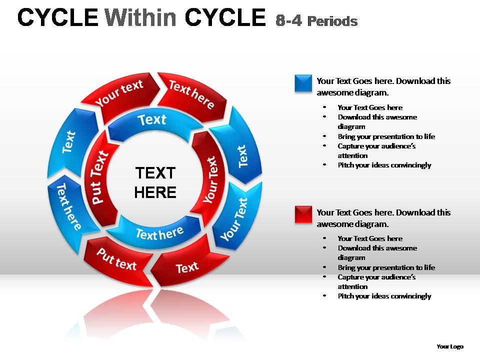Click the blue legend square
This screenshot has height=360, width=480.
303,83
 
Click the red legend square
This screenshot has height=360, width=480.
303,214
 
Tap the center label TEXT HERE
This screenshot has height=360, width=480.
155,182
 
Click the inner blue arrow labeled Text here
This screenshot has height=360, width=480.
159,232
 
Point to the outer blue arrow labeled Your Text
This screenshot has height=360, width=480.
234,218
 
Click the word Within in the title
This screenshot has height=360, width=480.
141,18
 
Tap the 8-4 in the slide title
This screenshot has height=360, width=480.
288,20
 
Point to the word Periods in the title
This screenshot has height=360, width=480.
332,21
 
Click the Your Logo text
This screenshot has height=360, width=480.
449,346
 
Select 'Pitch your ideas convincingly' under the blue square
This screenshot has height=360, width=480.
384,165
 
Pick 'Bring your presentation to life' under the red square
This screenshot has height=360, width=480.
386,267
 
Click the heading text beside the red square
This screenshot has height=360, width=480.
383,218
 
